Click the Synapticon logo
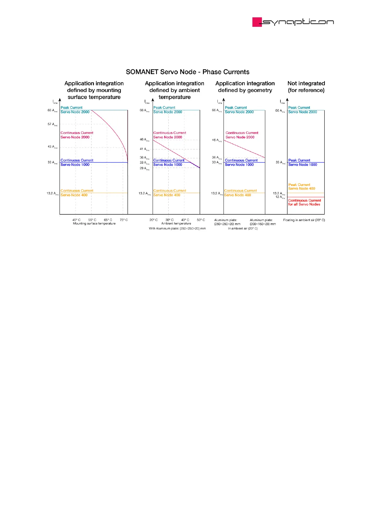293,22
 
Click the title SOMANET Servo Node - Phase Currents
187,72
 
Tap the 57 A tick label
52,124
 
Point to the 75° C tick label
124,220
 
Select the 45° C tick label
76,220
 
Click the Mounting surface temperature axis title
94,224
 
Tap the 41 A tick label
144,149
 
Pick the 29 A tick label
144,168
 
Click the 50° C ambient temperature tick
201,220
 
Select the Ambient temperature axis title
176,224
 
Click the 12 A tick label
280,197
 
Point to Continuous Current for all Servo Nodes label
304,202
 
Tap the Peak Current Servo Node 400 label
302,187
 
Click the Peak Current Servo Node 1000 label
303,162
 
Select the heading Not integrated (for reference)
306,87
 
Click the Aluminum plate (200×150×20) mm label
262,222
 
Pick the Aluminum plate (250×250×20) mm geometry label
227,222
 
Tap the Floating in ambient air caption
304,220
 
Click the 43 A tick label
52,147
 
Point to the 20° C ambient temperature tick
153,220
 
